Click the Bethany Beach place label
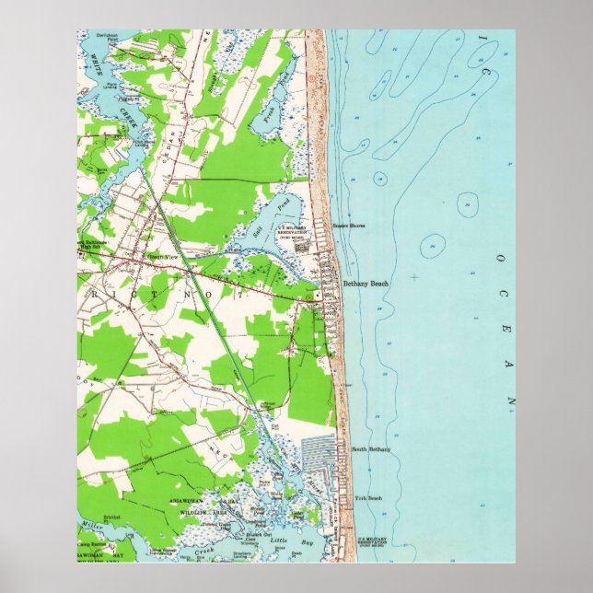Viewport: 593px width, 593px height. tap(366, 284)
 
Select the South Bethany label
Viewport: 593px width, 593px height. tap(371, 449)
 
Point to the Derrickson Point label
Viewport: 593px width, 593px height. tap(112, 39)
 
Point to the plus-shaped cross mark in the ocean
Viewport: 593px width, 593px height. tap(414, 276)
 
